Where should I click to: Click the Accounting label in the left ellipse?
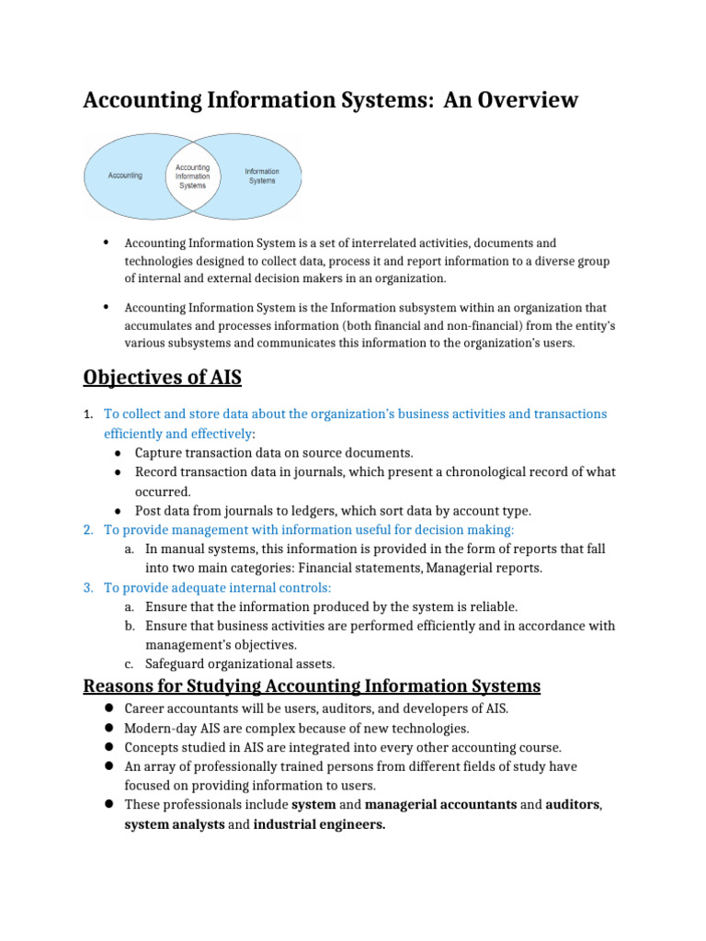[125, 176]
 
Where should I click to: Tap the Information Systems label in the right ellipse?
[262, 176]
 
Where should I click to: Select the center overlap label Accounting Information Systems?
[193, 176]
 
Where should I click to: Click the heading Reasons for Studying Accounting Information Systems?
[312, 686]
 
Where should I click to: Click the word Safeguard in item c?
[176, 663]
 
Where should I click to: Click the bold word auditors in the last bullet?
[573, 805]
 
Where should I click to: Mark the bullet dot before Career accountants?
[108, 709]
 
